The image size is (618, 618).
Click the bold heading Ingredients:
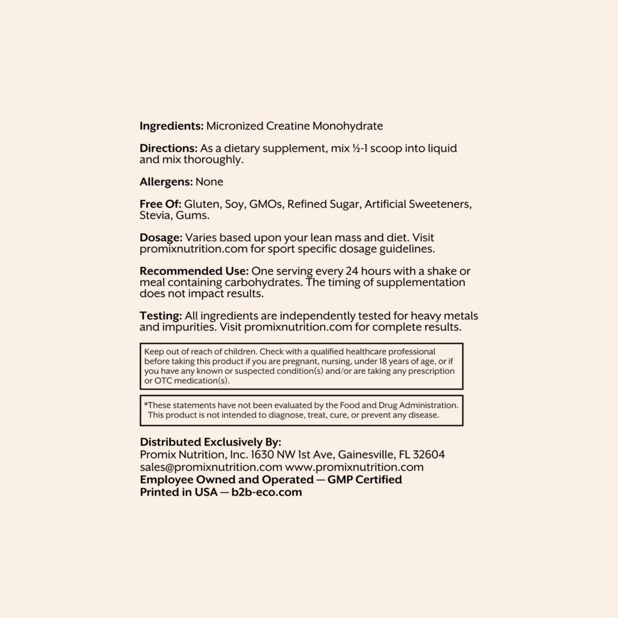point(172,126)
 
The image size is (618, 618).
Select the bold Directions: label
point(169,148)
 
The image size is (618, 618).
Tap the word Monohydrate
point(347,126)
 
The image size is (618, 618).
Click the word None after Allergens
point(209,182)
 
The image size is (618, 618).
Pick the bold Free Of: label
point(160,204)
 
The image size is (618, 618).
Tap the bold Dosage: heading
point(161,238)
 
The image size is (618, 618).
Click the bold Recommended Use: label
point(194,271)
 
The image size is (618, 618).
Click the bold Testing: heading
point(161,316)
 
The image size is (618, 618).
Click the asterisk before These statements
point(146,405)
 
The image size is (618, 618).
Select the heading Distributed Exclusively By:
point(210,442)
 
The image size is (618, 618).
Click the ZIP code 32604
point(429,455)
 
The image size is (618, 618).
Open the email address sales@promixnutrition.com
point(211,467)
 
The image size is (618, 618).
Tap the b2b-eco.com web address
point(266,492)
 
